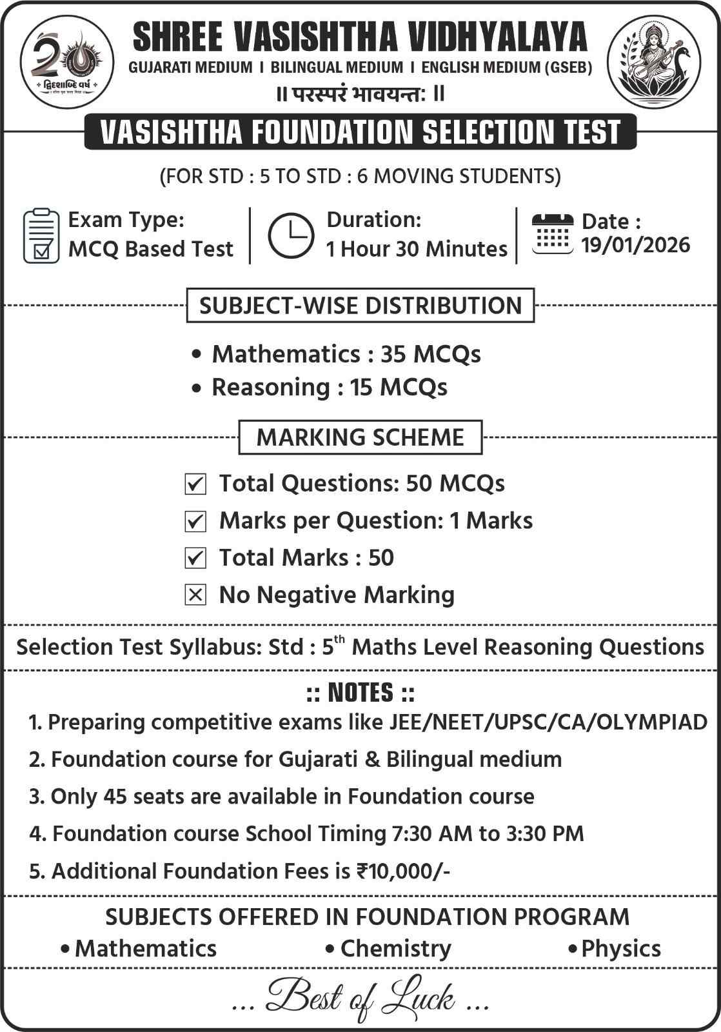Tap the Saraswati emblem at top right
655,63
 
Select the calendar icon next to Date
552,233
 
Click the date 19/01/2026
635,245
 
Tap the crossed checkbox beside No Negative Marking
195,595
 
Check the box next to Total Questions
195,484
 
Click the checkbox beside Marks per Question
195,521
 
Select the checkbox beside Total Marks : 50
195,558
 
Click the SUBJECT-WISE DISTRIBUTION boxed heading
360,305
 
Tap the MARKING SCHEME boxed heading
360,437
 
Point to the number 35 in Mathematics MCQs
393,354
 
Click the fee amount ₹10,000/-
403,871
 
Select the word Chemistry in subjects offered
395,949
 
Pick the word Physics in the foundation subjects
620,949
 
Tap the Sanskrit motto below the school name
360,94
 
